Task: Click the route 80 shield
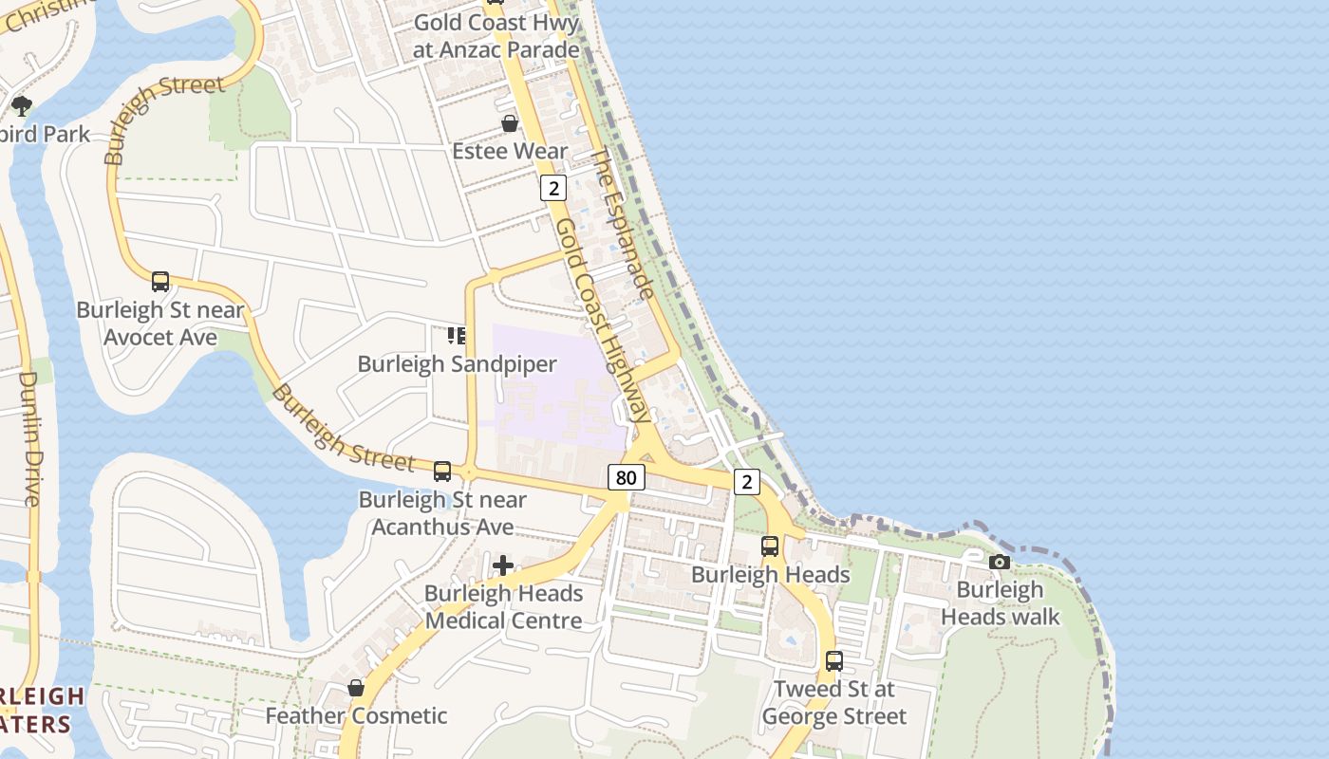point(626,477)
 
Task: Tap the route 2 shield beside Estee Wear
point(553,188)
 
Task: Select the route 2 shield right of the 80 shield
point(747,482)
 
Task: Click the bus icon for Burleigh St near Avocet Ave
point(160,282)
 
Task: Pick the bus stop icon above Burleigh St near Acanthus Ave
point(442,472)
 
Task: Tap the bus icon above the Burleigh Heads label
point(770,546)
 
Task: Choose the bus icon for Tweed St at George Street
point(834,661)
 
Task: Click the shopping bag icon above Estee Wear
point(510,123)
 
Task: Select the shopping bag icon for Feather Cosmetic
point(356,688)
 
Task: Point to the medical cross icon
point(503,566)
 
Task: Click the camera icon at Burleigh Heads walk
point(999,562)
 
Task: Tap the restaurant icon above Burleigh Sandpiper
point(457,336)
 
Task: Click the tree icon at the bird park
point(22,106)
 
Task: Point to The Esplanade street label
point(624,223)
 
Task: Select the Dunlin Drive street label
point(28,437)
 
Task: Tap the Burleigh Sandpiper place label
point(457,364)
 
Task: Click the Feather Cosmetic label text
point(356,715)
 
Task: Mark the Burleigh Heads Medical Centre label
point(503,607)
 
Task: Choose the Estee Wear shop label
point(510,151)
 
